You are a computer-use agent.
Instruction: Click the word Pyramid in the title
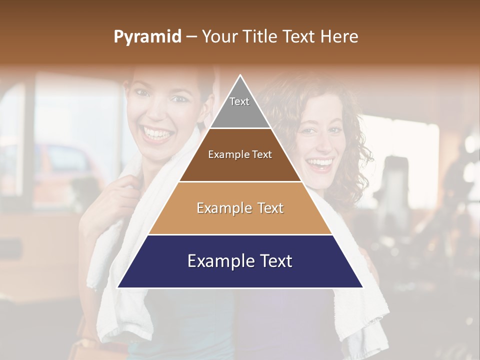(x=147, y=37)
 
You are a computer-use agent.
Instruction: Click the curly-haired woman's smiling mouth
(x=319, y=163)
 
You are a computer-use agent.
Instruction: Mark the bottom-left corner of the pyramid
(x=118, y=287)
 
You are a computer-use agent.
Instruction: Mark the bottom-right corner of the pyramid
(x=362, y=287)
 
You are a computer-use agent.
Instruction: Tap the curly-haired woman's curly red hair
(x=355, y=150)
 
